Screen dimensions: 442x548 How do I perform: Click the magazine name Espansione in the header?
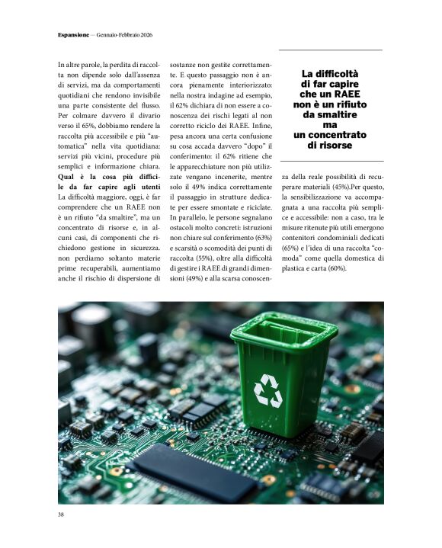click(73, 35)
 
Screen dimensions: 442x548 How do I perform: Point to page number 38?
click(61, 514)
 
